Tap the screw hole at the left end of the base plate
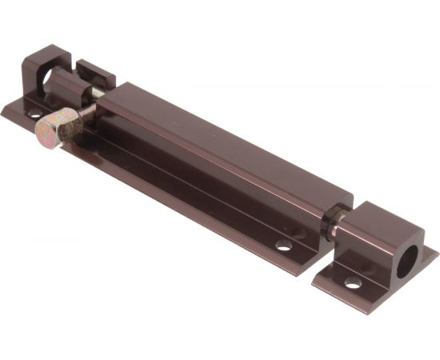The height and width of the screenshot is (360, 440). [x=34, y=114]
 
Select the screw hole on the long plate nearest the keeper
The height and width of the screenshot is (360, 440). [x=283, y=245]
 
